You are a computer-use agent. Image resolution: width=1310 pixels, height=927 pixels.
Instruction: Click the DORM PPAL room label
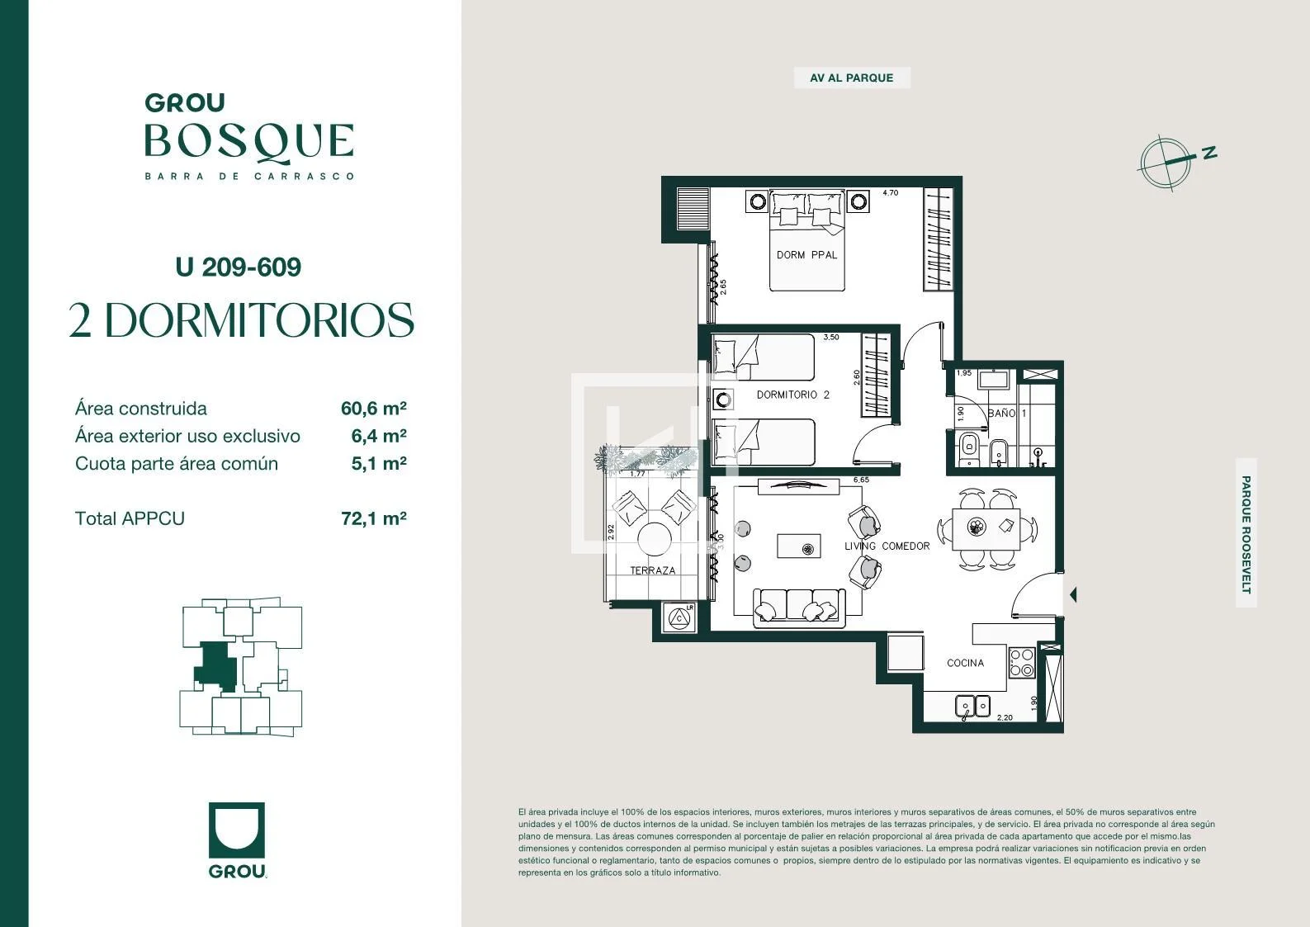click(806, 255)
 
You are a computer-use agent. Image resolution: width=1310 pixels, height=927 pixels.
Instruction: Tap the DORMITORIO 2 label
click(793, 395)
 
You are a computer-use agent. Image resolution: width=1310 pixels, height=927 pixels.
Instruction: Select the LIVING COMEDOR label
click(887, 546)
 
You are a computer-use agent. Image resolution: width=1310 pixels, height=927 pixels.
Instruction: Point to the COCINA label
click(965, 663)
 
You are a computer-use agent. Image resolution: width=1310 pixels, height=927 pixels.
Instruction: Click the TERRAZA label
click(653, 570)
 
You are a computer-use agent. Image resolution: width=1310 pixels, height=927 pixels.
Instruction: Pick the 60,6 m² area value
click(374, 409)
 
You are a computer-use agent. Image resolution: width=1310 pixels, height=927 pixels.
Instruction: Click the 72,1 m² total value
click(374, 518)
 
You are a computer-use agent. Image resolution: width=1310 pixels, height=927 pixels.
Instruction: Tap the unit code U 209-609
click(238, 267)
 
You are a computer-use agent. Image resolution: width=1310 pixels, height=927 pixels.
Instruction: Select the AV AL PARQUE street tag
click(852, 78)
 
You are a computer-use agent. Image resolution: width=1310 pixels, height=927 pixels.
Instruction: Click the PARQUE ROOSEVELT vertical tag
click(1246, 533)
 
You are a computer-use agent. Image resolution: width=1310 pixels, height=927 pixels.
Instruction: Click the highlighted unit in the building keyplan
click(215, 665)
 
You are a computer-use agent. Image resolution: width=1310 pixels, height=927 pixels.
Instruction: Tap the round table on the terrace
click(654, 539)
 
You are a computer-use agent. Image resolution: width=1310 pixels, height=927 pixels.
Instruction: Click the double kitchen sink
click(972, 706)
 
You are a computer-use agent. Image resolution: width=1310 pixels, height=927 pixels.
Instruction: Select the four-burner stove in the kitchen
click(1022, 663)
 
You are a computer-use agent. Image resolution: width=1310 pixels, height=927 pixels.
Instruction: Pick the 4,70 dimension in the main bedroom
click(890, 192)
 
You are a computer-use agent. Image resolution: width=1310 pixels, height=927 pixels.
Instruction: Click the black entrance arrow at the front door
click(1073, 595)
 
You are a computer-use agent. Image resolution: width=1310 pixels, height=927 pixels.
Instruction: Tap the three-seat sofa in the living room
click(799, 608)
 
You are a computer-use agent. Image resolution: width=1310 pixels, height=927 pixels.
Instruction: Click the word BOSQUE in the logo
click(249, 142)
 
